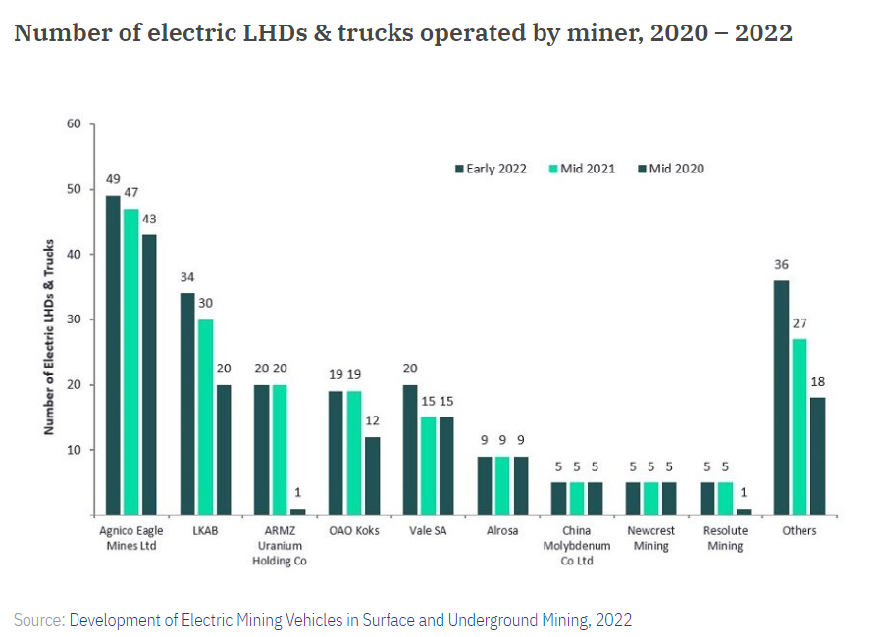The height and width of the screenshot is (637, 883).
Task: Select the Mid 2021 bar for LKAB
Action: (x=206, y=416)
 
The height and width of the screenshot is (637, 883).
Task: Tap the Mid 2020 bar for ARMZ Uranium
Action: (x=298, y=512)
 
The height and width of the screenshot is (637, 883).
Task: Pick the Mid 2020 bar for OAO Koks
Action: (x=373, y=475)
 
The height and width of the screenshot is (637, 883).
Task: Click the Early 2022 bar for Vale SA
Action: (x=410, y=450)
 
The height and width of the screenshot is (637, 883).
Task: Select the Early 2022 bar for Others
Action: (x=781, y=397)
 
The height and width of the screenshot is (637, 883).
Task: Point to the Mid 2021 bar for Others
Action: (x=799, y=426)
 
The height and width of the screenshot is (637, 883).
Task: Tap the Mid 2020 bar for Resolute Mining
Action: (x=744, y=512)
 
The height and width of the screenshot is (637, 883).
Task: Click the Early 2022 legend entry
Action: (x=491, y=169)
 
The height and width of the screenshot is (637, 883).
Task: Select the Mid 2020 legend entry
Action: (x=671, y=169)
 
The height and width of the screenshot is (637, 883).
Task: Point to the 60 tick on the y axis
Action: (x=74, y=123)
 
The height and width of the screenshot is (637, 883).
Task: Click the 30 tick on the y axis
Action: (x=74, y=319)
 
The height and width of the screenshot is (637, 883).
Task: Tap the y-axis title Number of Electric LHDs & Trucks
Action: (x=47, y=338)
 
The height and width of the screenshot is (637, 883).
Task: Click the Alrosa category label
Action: (x=502, y=531)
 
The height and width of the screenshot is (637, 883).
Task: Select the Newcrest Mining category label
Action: (x=650, y=538)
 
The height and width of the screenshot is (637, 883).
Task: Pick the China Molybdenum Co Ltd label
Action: (x=577, y=546)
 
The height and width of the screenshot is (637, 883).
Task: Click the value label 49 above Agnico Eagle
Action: (x=113, y=179)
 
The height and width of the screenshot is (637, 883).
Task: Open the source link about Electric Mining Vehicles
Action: (x=350, y=619)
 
